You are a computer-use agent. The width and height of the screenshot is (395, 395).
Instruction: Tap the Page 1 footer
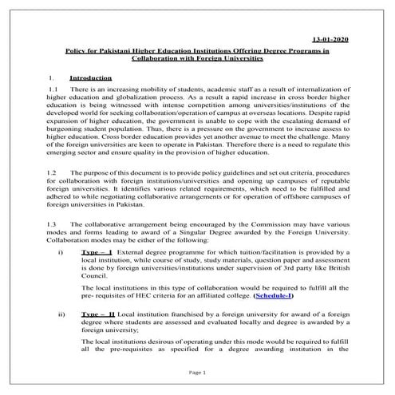coord(197,373)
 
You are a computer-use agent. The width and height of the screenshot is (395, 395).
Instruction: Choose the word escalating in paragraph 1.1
coord(300,126)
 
